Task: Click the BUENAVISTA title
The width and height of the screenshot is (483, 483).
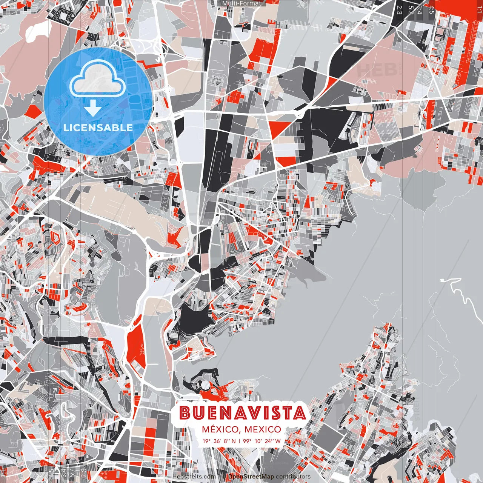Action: tap(242, 413)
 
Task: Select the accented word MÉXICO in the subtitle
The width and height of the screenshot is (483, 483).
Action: tap(220, 429)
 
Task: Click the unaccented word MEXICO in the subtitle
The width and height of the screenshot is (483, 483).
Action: tap(263, 429)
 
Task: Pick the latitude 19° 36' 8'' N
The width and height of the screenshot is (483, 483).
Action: tap(219, 441)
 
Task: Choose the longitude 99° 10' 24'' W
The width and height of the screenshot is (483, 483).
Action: tap(262, 441)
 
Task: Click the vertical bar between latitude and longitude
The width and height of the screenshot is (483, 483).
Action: tap(239, 441)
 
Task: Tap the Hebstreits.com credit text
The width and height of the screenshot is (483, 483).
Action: tap(194, 477)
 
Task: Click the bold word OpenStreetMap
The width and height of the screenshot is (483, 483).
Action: tap(251, 477)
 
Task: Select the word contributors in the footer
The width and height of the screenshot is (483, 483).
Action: tap(293, 477)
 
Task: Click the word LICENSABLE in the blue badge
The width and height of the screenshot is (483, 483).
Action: tap(98, 128)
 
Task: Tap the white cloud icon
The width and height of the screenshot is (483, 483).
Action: tap(98, 79)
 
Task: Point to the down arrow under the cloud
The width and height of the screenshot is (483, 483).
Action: tap(93, 109)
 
